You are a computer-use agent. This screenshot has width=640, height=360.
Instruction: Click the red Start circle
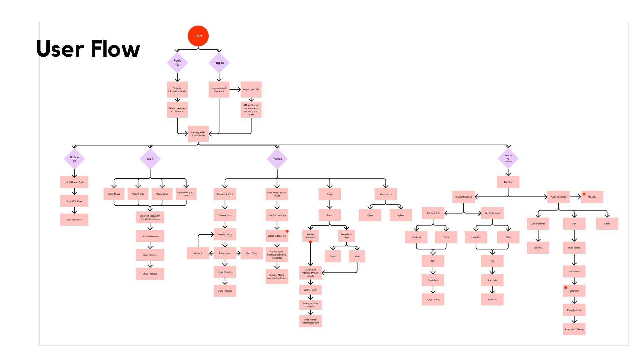198,36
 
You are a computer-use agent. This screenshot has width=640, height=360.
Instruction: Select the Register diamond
177,63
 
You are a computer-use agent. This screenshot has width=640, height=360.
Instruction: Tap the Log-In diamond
219,63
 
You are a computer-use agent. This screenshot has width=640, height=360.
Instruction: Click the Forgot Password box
251,90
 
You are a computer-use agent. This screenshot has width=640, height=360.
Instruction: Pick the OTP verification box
251,110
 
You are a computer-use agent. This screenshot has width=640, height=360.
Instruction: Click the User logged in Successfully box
198,134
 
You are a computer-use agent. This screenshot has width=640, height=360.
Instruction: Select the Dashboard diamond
74,159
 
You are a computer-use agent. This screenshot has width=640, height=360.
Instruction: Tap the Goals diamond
150,159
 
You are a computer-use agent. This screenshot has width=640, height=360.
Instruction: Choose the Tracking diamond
277,159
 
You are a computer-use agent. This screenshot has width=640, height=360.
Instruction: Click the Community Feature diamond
508,159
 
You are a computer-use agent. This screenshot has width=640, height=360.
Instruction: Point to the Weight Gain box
138,194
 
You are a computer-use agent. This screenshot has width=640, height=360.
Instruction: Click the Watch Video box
252,253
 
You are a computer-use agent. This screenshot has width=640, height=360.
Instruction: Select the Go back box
198,253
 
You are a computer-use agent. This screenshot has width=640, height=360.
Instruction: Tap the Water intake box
386,194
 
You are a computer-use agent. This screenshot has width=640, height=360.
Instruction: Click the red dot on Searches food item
287,231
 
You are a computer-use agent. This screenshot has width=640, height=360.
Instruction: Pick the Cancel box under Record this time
333,256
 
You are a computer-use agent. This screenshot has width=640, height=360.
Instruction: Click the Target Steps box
433,300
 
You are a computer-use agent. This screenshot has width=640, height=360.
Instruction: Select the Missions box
592,197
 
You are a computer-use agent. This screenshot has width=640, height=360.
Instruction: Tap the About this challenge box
574,329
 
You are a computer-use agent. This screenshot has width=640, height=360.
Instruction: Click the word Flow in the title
115,49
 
